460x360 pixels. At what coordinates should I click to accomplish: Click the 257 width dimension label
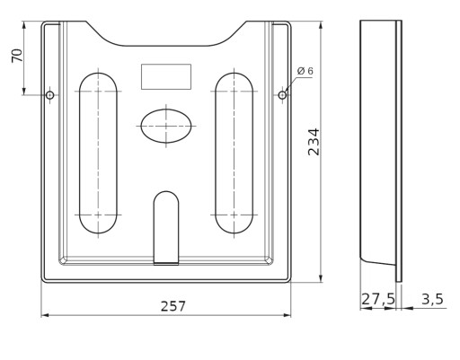pos(173,306)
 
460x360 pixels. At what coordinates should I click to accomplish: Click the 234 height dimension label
pos(314,142)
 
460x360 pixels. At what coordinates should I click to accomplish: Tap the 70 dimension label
pos(17,56)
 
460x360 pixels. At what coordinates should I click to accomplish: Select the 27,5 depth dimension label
pos(378,299)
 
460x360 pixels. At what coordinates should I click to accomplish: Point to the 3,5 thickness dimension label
pos(432,299)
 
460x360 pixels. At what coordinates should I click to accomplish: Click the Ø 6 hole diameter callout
pos(305,71)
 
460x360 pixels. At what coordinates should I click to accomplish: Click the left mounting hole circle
pos(50,95)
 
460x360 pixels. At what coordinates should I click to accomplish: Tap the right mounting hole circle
pos(282,95)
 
